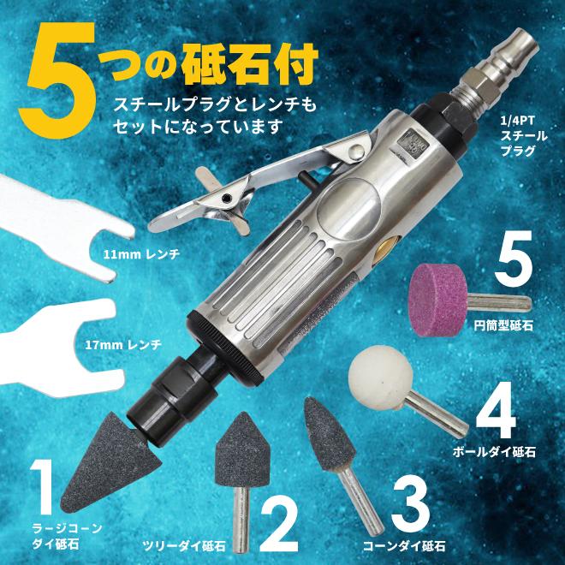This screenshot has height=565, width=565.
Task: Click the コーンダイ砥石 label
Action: coord(413,544)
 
